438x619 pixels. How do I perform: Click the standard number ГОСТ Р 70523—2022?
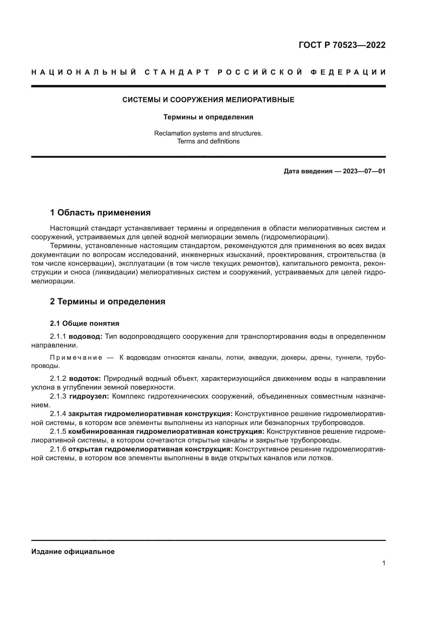(342, 45)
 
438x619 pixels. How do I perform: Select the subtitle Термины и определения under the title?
(208, 117)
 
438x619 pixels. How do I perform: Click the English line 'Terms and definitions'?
(208, 141)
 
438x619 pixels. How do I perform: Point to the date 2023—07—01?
(364, 171)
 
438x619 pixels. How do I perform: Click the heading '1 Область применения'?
(100, 213)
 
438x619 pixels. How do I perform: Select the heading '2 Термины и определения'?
(107, 301)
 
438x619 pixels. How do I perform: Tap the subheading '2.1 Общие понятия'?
(84, 323)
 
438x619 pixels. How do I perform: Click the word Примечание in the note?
(76, 358)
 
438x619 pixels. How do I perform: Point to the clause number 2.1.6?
(58, 449)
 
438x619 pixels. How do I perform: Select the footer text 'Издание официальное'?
(73, 552)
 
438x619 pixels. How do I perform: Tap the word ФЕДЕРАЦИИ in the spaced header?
(348, 72)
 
